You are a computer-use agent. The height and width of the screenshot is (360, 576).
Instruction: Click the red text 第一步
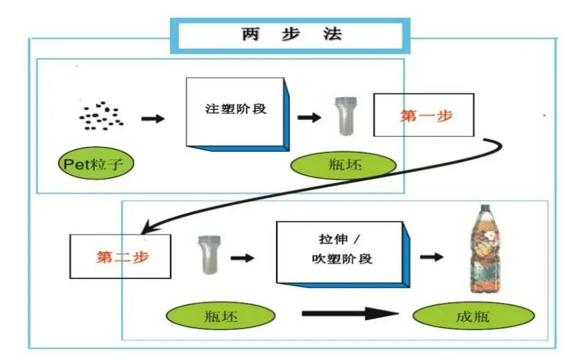pos(426,115)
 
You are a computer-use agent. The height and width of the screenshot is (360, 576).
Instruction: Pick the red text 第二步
pos(122,256)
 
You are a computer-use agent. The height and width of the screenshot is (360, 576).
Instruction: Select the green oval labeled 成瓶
pos(473,316)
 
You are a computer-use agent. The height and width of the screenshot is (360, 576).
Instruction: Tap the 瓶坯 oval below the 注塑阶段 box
pos(344,165)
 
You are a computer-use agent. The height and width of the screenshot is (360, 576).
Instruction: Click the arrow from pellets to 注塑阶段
pos(153,118)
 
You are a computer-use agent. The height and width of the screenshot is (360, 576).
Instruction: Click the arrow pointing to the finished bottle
pos(432,257)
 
